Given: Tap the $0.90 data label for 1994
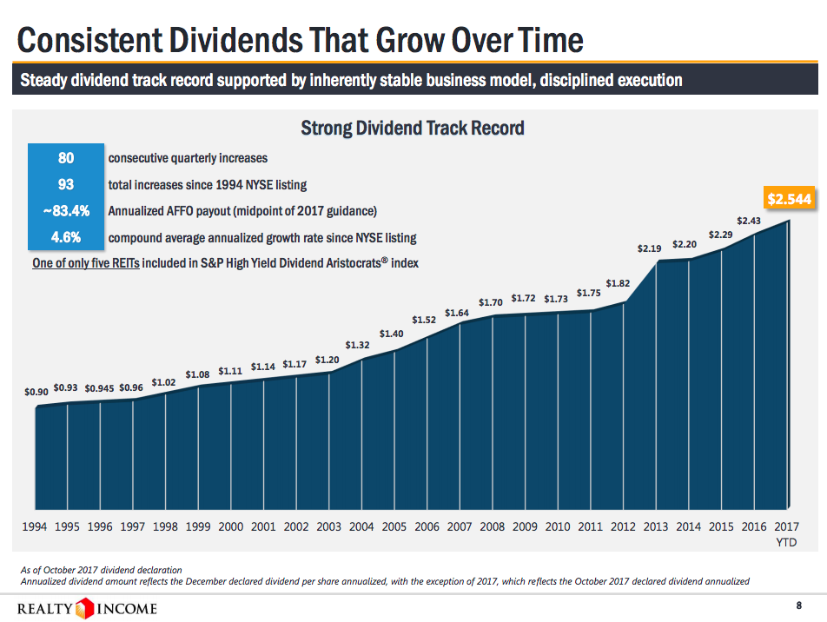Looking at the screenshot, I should click(x=36, y=392).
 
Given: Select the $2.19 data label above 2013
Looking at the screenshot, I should click(x=650, y=248).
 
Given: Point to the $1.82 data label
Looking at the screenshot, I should click(x=618, y=283).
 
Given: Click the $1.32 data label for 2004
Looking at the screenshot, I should click(x=358, y=345).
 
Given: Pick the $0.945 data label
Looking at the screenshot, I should click(x=100, y=388).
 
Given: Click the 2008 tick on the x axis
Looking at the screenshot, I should click(x=493, y=526).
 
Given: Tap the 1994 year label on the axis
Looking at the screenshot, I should click(x=34, y=526).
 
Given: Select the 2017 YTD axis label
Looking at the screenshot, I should click(x=786, y=533).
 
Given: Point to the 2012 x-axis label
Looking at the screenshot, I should click(x=623, y=526).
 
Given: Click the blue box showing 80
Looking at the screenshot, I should click(x=66, y=158).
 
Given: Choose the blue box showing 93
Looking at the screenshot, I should click(x=66, y=184).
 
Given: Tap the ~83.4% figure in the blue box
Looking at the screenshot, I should click(x=66, y=211).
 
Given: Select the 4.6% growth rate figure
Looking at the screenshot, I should click(x=66, y=237).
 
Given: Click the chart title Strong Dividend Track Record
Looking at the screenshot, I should click(x=412, y=129).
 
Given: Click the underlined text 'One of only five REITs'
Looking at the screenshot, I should click(x=85, y=263).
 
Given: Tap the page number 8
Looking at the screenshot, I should click(x=798, y=605).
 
